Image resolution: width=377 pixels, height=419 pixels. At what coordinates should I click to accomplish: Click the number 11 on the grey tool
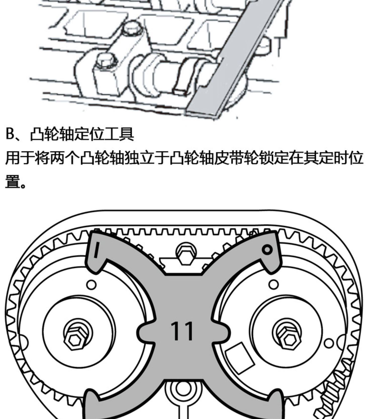coord(182,331)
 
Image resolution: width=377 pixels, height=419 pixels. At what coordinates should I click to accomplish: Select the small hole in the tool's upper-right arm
coord(267,250)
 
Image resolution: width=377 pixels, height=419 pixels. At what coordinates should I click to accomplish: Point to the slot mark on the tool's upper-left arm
coord(97,250)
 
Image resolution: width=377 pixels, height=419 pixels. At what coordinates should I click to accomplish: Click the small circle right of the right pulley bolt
coord(328,343)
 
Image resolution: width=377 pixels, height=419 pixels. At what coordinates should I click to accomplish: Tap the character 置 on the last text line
coord(13,182)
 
